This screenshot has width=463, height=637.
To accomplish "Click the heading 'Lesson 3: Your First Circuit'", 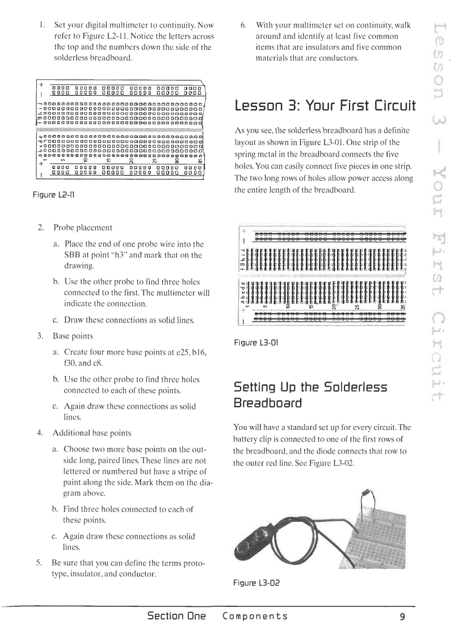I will [x=325, y=106].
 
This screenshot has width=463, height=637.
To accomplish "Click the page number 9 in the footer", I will [x=402, y=617].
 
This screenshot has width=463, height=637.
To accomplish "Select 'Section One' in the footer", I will [x=176, y=617].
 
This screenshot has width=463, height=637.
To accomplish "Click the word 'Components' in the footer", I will [x=255, y=617].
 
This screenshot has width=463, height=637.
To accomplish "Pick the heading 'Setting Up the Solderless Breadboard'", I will [x=310, y=395].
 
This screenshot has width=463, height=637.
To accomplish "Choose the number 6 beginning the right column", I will [x=243, y=26].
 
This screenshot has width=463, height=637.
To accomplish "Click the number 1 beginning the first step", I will [x=42, y=26].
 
